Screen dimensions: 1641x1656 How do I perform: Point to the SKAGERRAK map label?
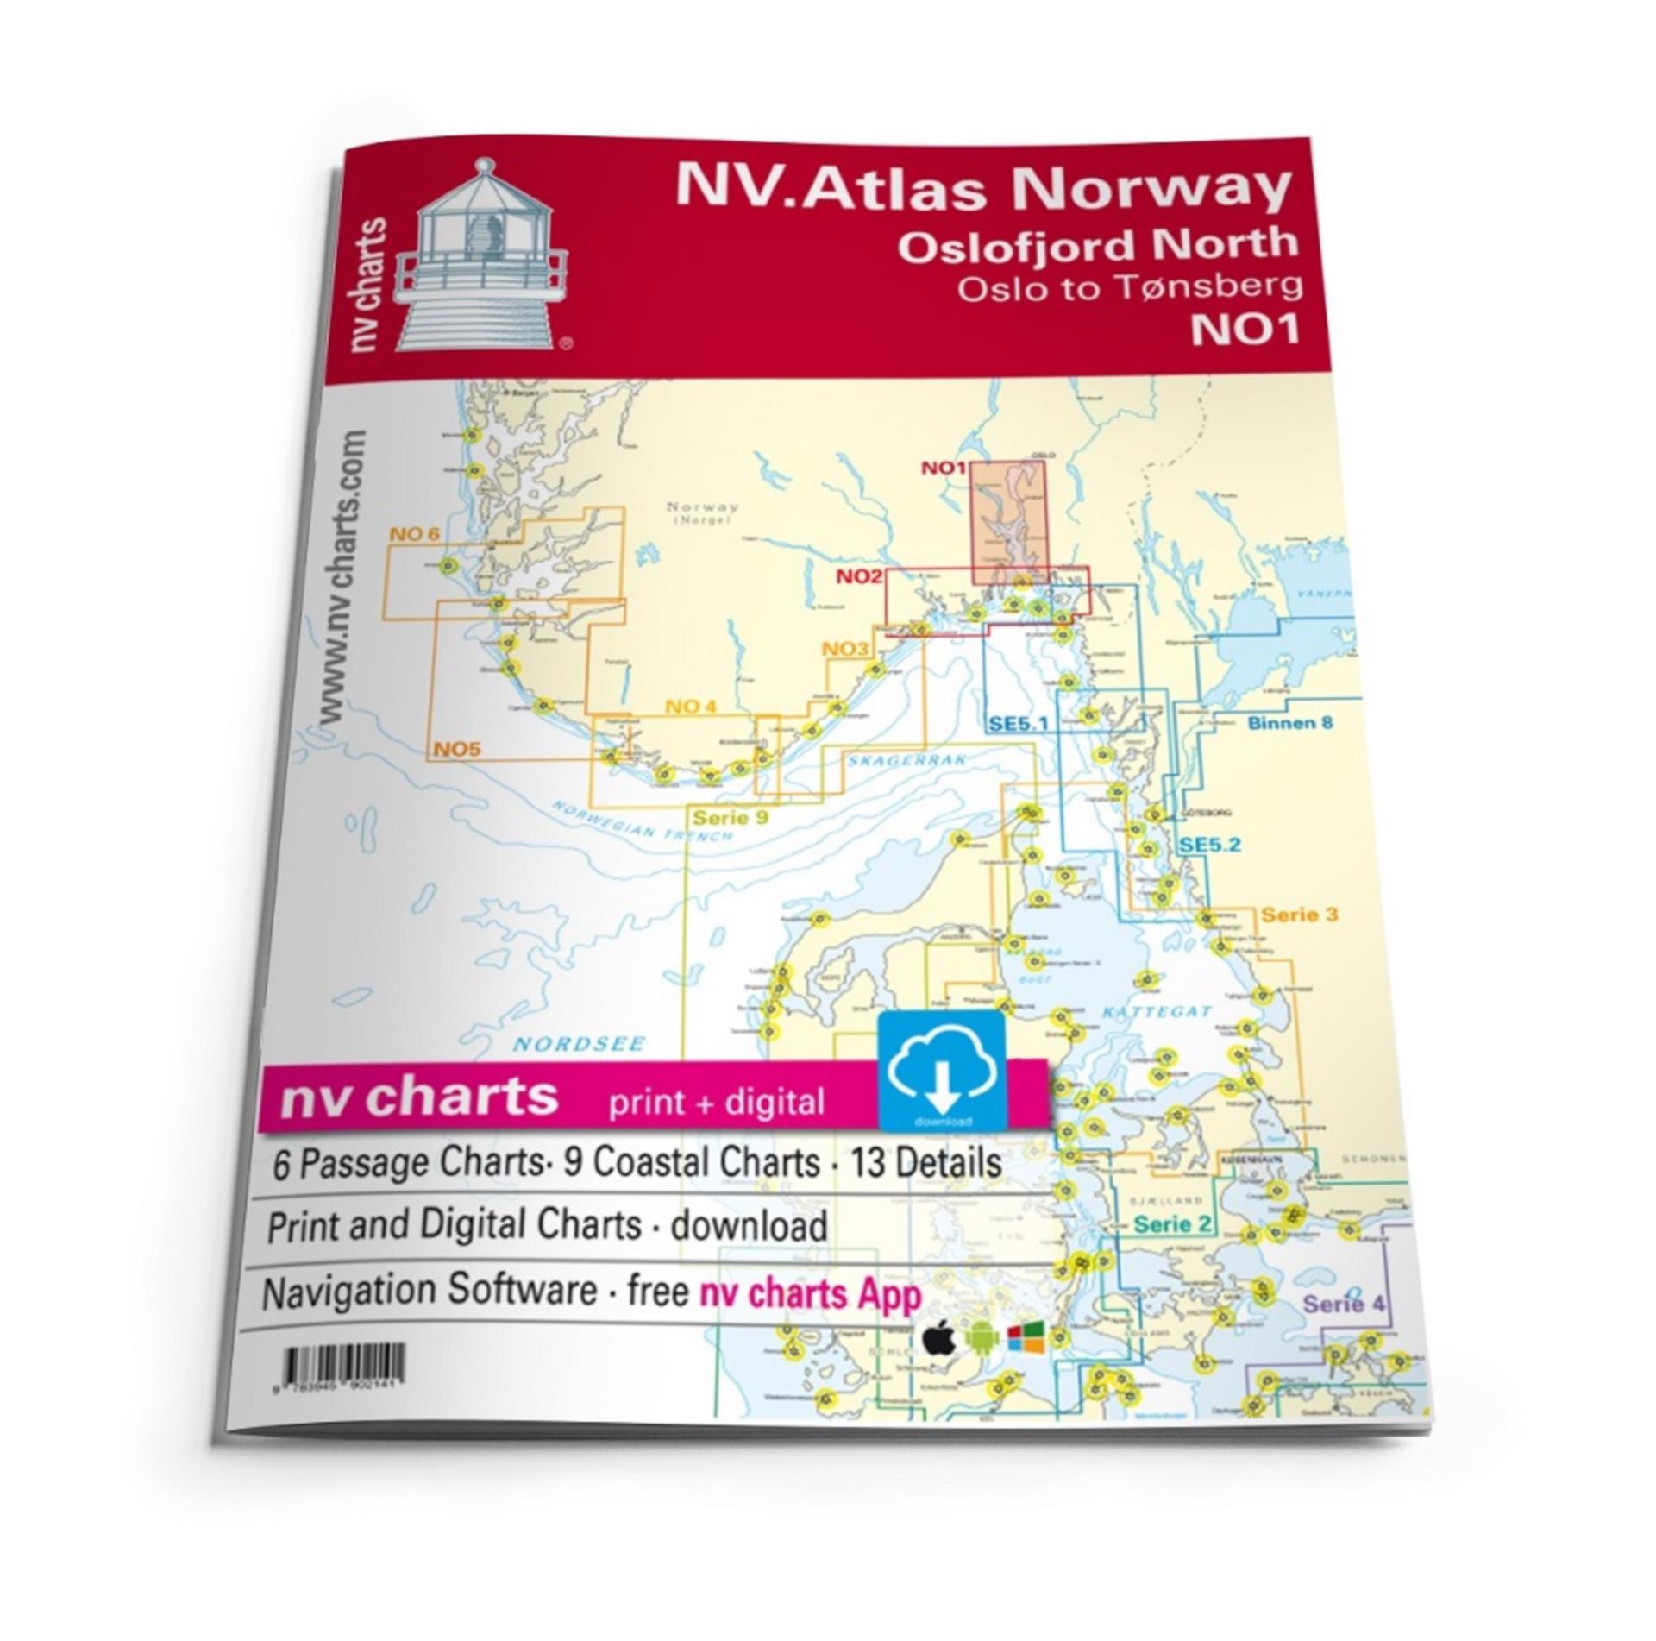pyautogui.click(x=906, y=759)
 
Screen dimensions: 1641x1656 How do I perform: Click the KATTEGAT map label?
pyautogui.click(x=1156, y=1011)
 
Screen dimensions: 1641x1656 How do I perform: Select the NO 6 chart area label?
pyautogui.click(x=414, y=534)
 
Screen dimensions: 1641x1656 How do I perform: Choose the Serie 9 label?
pyautogui.click(x=731, y=816)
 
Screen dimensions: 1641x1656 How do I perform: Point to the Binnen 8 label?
pyautogui.click(x=1289, y=722)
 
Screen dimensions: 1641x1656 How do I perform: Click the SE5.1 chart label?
pyautogui.click(x=1018, y=722)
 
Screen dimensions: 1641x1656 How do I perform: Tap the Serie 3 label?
pyautogui.click(x=1299, y=914)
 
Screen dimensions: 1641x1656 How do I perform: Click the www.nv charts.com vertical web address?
pyautogui.click(x=343, y=578)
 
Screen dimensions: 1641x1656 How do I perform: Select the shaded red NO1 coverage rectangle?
pyautogui.click(x=1007, y=522)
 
